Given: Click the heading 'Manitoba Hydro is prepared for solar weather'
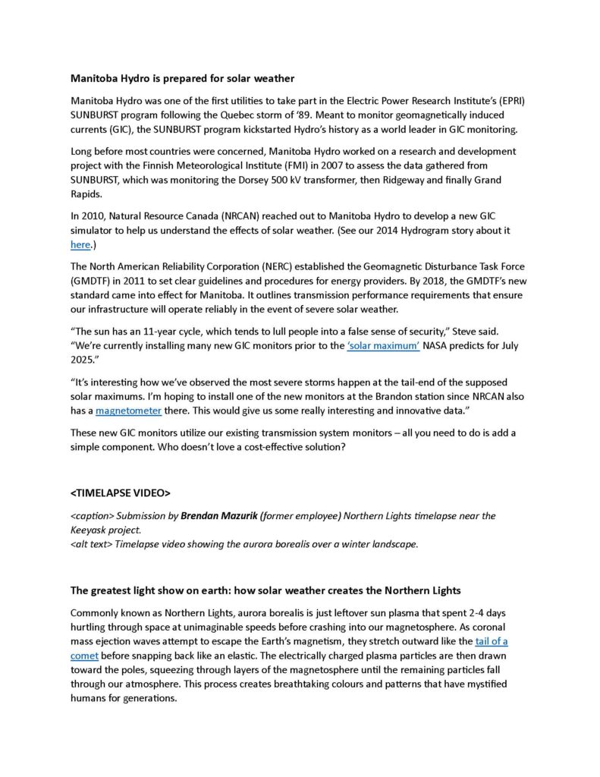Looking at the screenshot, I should point(182,78).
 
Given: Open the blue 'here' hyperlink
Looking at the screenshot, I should point(80,244).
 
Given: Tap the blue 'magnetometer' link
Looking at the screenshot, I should point(128,411).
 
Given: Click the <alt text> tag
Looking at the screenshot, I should point(91,543).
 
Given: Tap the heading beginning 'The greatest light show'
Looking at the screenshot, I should point(265,590).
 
